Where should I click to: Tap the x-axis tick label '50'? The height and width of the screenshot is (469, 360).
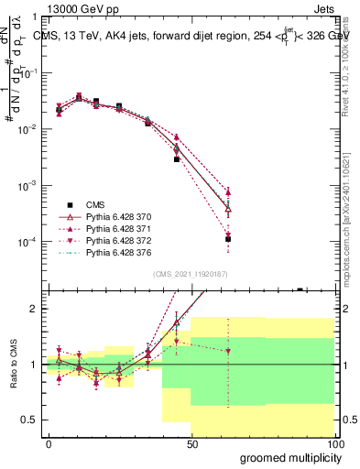[192, 443]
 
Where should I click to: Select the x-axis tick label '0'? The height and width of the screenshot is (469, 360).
[49, 443]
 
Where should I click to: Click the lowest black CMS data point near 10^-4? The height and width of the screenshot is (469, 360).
[228, 239]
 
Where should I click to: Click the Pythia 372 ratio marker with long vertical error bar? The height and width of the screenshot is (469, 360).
[228, 351]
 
